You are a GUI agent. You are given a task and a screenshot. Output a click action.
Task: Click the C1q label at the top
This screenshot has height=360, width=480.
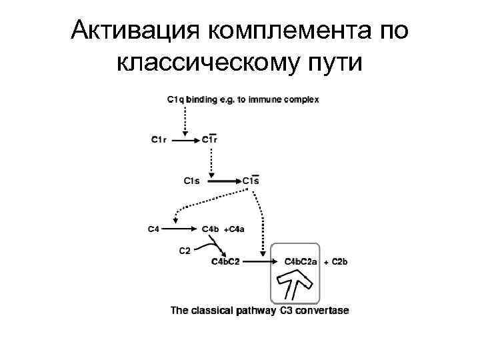[175, 100]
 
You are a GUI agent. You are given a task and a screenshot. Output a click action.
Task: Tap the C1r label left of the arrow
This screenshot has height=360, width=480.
[159, 140]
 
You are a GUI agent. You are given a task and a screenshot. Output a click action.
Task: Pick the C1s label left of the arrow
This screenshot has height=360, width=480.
[191, 181]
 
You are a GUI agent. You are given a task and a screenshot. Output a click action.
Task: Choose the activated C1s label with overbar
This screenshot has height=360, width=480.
[251, 181]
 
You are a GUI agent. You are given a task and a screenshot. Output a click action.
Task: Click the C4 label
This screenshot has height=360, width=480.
[153, 229]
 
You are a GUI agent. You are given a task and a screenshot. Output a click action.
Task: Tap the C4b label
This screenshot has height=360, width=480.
[210, 229]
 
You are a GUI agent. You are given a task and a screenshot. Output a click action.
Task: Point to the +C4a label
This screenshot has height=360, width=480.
[235, 229]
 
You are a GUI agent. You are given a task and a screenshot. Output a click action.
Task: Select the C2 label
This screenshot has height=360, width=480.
[185, 251]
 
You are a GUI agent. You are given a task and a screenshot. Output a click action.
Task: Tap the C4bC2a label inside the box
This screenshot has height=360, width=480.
[301, 262]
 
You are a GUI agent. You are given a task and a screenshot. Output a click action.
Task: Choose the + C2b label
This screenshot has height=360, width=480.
[336, 262]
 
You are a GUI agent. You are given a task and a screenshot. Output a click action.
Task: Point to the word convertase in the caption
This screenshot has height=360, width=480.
[321, 311]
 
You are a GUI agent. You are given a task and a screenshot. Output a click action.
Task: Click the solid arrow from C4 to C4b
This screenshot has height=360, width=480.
[181, 229]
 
